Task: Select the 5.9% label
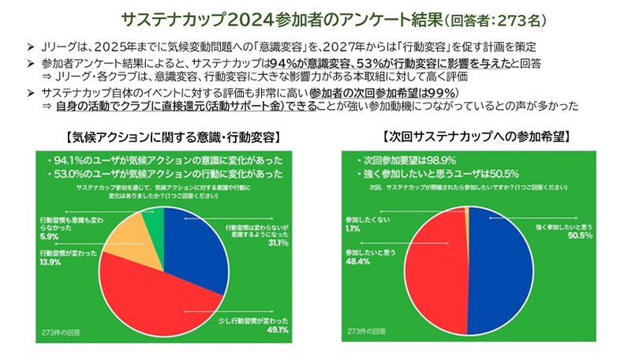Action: coord(49,236)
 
